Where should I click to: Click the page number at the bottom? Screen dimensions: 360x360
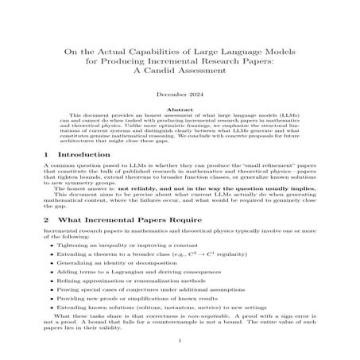click(180, 343)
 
